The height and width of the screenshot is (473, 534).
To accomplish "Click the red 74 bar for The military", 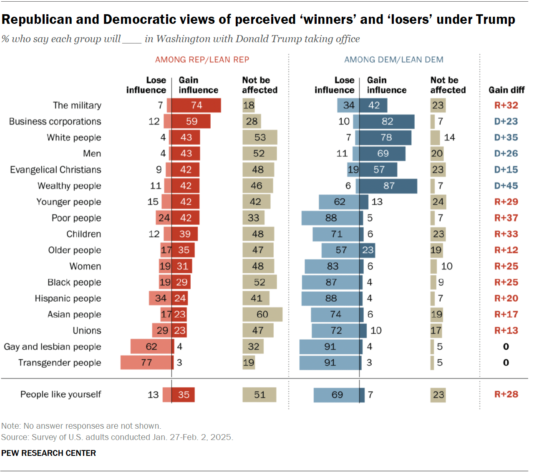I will pos(196,105).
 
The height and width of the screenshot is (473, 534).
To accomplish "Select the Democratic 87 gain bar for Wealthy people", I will pos(388,186).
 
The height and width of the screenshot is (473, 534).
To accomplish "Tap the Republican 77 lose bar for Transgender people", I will pos(146,363).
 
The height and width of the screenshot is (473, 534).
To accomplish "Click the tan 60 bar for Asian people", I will pos(262,315).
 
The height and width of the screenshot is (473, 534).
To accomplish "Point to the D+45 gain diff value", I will pos(506,186).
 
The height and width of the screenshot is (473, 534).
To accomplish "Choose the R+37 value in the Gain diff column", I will pos(506,218).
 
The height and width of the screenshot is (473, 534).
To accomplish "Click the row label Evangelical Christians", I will pos(55,170).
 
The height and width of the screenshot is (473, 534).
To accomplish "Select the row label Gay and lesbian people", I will pos(53,347).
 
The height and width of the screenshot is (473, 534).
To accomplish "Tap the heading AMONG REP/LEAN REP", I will pos(202,60).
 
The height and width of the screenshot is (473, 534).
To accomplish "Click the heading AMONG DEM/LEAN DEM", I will pos(393,60).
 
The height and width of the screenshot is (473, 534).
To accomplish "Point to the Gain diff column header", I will pos(506,90).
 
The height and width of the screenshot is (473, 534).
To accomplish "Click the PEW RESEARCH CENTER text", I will pos(48,453).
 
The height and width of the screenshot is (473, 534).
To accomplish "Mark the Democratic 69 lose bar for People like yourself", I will pos(336,395).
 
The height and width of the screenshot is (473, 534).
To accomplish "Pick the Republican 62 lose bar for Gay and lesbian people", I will pos(152,347).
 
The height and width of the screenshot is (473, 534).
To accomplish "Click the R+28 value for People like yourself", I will pos(506,394).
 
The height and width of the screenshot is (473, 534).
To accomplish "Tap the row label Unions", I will pos(87,331).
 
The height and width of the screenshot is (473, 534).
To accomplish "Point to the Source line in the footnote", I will pos(117,437).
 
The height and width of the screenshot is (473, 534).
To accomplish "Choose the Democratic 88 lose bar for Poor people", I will pos(330,218).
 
